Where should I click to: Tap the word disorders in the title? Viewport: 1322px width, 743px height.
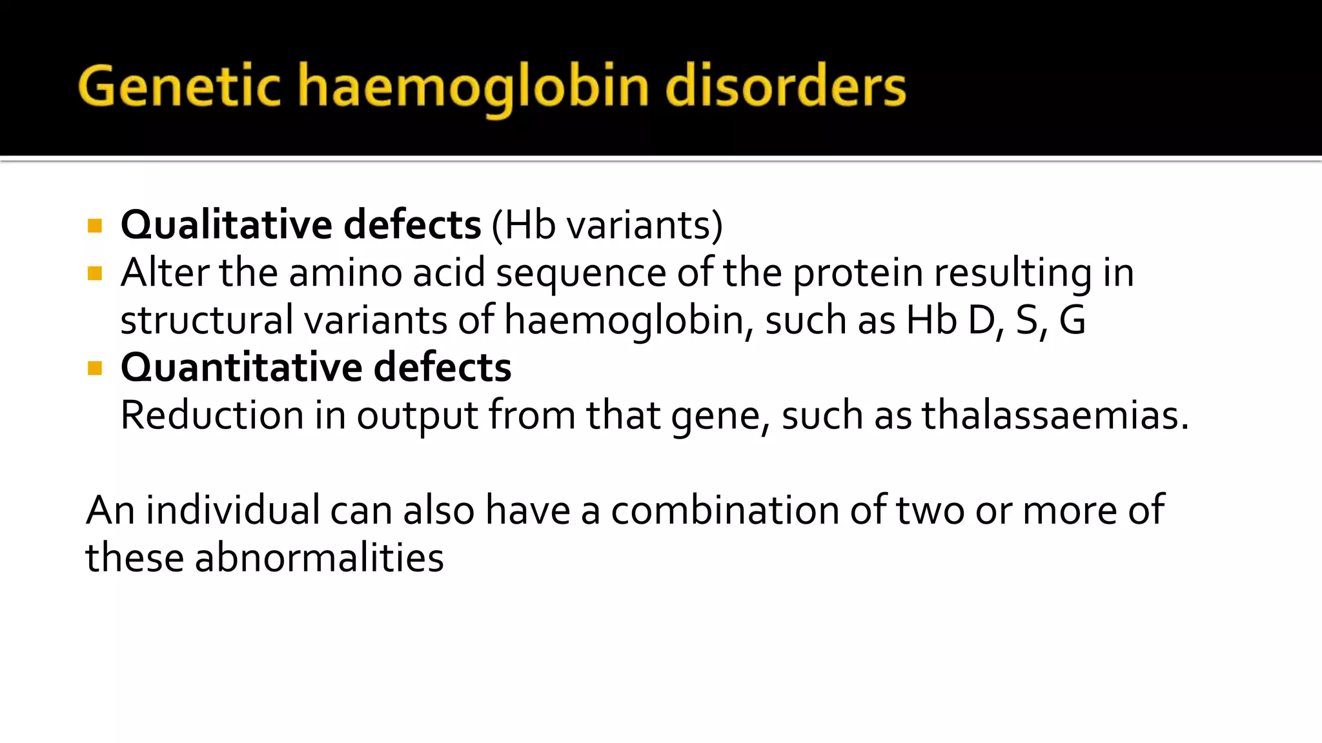coord(786,86)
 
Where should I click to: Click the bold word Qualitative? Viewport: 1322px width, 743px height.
coord(227,224)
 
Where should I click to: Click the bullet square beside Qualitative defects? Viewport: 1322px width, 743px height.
coord(95,226)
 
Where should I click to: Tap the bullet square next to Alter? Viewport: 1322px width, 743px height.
coord(95,273)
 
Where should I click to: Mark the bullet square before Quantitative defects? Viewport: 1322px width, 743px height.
coord(95,368)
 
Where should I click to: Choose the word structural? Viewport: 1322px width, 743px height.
coord(207,320)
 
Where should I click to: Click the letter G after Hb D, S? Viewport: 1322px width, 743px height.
coord(1072,320)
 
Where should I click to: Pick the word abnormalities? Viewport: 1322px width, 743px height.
coord(319,557)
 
